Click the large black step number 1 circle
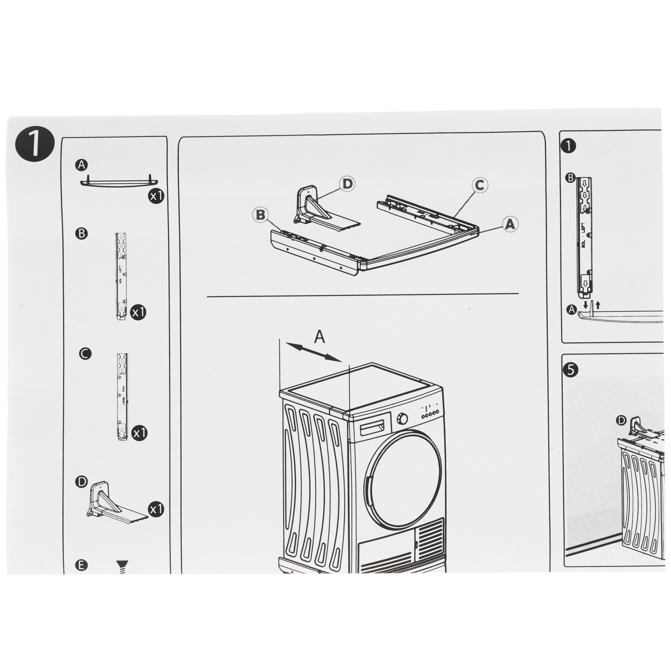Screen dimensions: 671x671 click(x=35, y=145)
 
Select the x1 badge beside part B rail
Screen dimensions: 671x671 click(x=138, y=313)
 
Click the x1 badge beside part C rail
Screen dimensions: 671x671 click(x=139, y=433)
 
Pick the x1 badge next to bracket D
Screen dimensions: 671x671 click(x=156, y=510)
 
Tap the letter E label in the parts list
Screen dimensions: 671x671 click(x=81, y=565)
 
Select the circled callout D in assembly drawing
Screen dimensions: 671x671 click(x=347, y=184)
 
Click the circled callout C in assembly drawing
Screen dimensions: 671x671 click(x=479, y=185)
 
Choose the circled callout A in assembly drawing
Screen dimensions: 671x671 click(x=510, y=224)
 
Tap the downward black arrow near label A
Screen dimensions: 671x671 click(x=586, y=305)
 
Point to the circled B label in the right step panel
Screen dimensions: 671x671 click(x=570, y=178)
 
